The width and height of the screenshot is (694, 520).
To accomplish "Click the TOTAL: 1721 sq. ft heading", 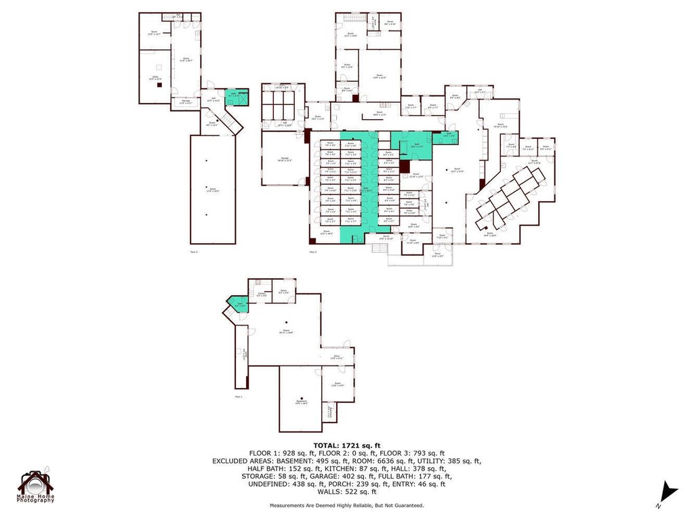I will (x=346, y=445).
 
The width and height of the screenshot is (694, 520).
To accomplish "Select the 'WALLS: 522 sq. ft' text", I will (x=346, y=492).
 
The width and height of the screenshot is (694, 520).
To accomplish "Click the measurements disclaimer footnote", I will (x=346, y=505).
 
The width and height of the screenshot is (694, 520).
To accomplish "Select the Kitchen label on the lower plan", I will (x=261, y=294).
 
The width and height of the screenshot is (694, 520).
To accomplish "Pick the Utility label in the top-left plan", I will (x=155, y=78).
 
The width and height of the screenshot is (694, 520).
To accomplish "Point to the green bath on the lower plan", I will (x=237, y=305).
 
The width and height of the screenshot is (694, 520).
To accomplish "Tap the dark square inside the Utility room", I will (x=159, y=85).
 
